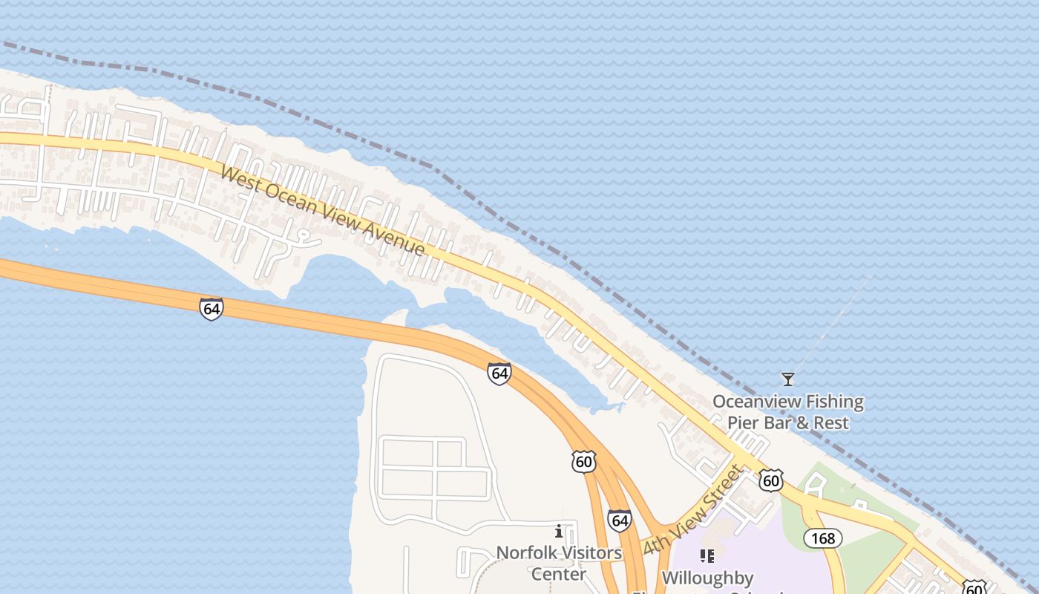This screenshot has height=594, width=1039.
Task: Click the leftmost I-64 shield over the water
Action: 212,308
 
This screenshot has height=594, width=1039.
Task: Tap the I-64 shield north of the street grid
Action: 499,373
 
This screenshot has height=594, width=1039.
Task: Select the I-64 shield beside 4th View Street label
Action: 619,520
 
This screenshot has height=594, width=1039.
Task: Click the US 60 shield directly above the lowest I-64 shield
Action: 584,461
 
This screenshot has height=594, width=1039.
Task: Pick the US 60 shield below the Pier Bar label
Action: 771,480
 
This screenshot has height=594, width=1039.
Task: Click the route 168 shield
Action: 823,538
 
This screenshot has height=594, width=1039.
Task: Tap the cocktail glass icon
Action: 788,379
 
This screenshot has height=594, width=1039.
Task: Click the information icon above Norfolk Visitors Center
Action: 559,532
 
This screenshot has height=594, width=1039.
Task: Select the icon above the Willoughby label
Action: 707,555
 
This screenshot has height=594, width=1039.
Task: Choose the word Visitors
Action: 590,553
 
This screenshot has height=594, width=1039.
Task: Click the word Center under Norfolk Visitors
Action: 559,574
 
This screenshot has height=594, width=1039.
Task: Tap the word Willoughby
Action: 707,578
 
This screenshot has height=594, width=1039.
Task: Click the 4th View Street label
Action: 693,509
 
